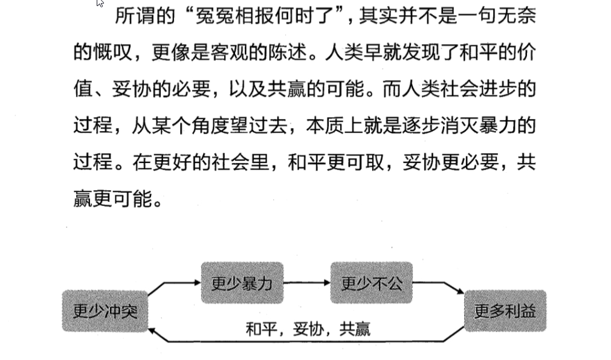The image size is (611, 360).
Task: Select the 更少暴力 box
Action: pos(242,283)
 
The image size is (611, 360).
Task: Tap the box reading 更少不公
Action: pos(371,283)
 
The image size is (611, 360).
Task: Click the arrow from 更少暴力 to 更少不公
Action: pos(306,283)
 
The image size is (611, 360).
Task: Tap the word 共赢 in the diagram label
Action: pos(355,329)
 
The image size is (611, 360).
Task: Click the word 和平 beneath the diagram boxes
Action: pos(261,329)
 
